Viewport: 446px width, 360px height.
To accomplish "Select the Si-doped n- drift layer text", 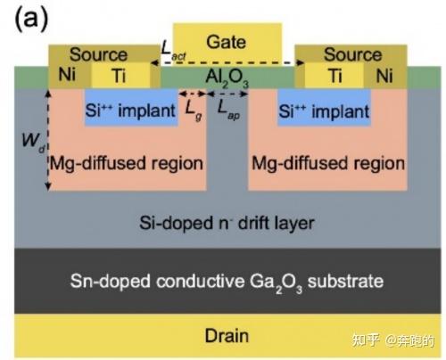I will tap(225, 220).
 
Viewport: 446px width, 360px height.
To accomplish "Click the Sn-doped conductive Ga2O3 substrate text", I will tap(227, 281).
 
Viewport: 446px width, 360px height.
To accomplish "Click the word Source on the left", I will tap(98, 55).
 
